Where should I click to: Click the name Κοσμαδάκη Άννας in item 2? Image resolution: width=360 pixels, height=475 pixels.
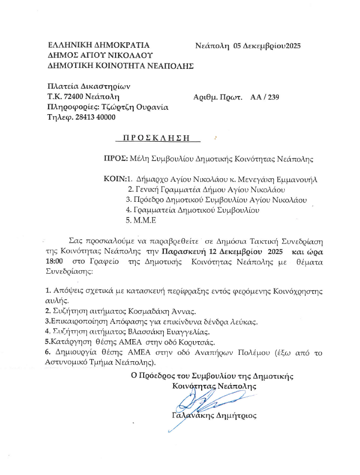(168, 311)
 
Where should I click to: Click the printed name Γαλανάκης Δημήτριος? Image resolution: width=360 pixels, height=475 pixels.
(214, 415)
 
